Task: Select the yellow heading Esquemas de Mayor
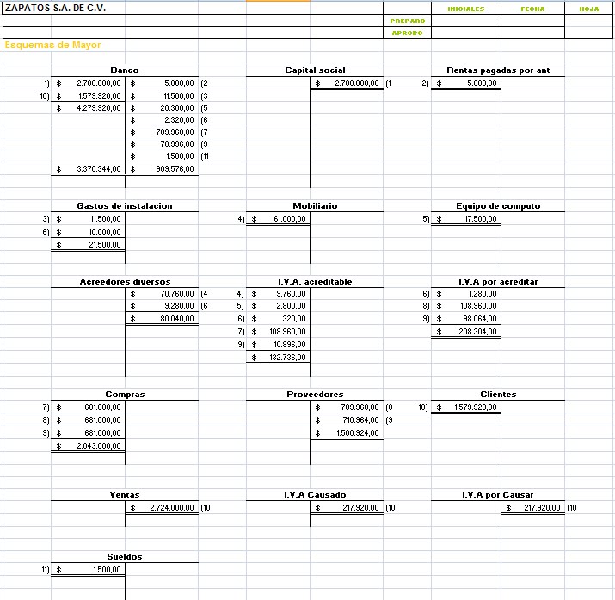click(x=52, y=45)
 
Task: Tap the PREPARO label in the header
click(x=408, y=21)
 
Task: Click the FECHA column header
click(x=532, y=9)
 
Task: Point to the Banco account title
click(x=125, y=70)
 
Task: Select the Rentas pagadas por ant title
click(x=498, y=70)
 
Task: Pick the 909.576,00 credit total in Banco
click(x=175, y=170)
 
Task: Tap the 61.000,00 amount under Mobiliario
click(x=290, y=219)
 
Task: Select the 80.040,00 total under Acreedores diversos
click(x=177, y=319)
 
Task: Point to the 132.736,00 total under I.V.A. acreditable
click(x=290, y=358)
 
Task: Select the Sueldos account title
click(x=125, y=557)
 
